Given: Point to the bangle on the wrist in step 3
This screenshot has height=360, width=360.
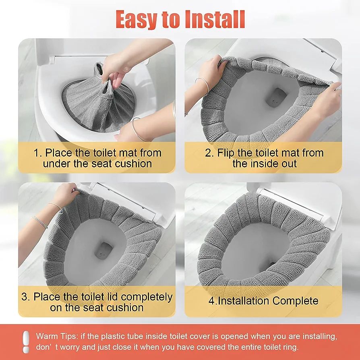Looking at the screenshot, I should pyautogui.click(x=40, y=221).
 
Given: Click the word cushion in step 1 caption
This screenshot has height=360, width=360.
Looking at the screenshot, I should pyautogui.click(x=133, y=164).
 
